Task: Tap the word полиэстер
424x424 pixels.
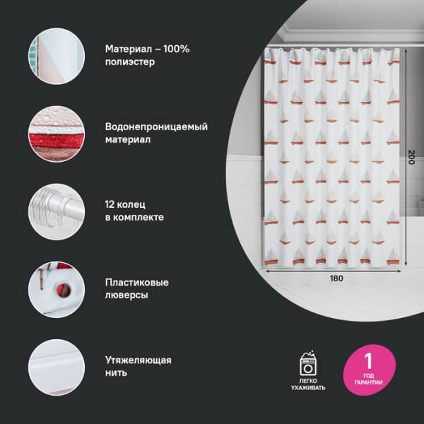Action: tap(129, 62)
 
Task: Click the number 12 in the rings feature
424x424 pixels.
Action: tap(111, 204)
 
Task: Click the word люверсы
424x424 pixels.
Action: tap(126, 295)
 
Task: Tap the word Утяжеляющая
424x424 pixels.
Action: tap(138, 360)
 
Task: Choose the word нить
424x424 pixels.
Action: tap(117, 373)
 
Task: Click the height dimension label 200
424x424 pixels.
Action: tap(411, 158)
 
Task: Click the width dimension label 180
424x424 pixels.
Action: tap(336, 278)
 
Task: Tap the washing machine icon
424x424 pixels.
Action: tap(309, 365)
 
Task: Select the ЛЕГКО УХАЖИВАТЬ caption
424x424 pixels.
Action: tap(308, 384)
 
